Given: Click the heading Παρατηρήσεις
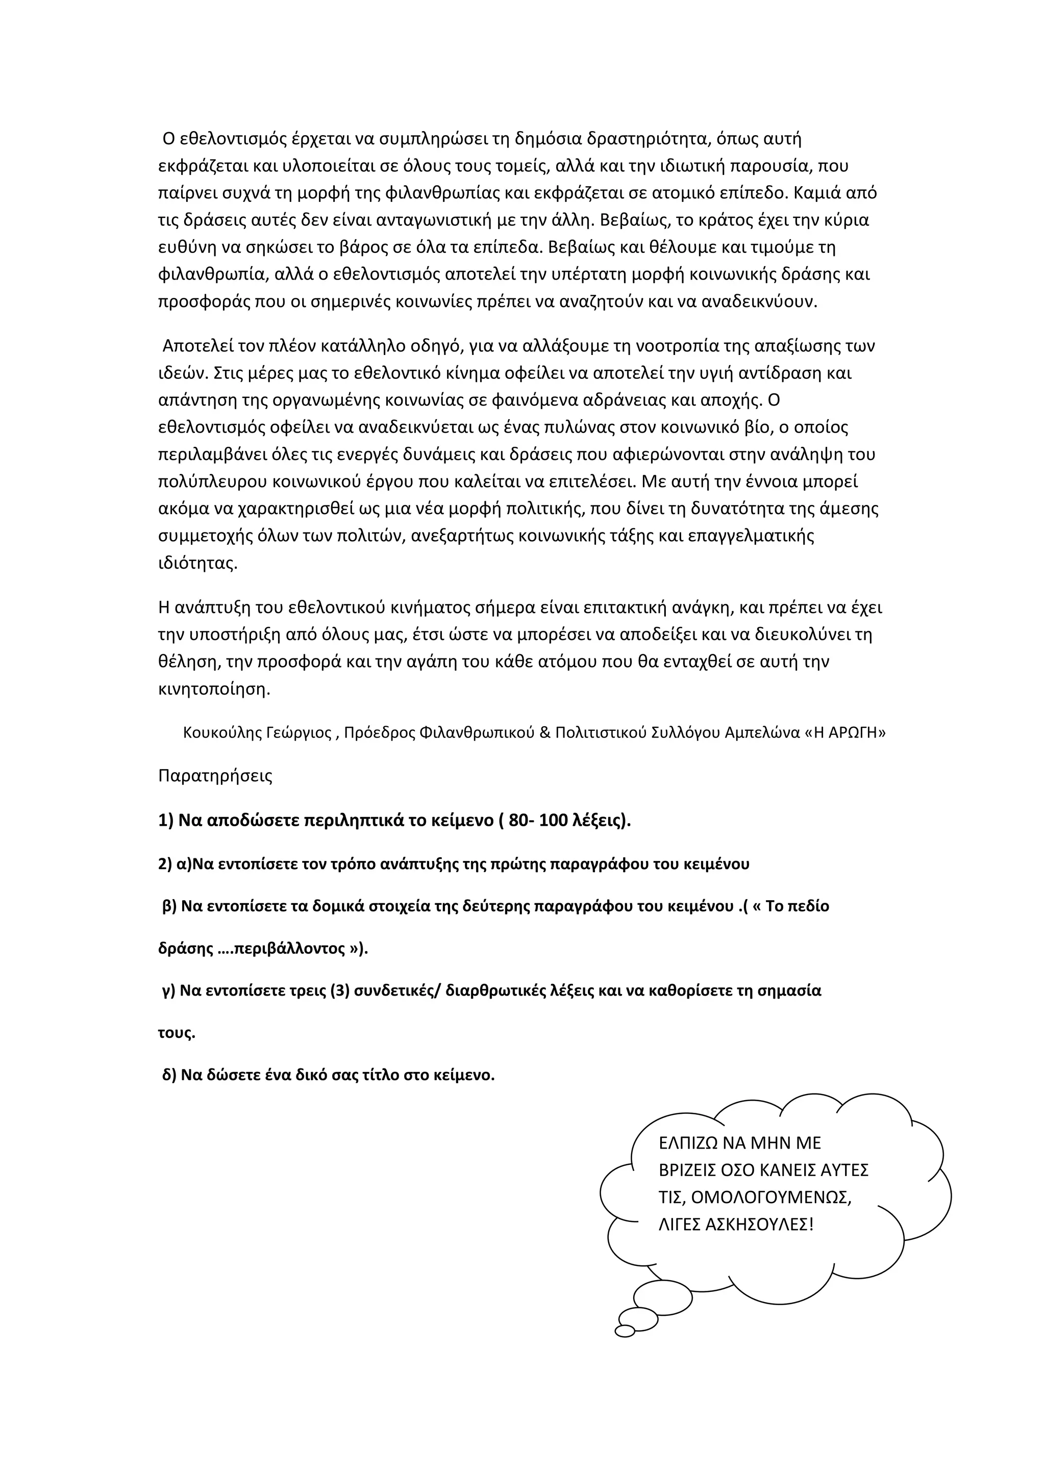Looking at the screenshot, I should (x=215, y=776).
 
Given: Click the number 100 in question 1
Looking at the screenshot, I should (x=555, y=822).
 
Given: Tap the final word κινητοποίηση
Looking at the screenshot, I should (x=214, y=689).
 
